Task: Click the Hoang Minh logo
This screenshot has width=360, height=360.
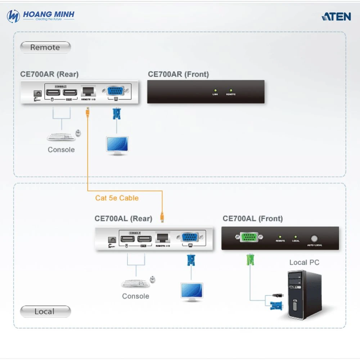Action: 41,16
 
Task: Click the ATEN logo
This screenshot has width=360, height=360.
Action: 336,16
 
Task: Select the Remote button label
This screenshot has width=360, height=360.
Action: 45,47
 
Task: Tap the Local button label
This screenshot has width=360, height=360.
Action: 45,311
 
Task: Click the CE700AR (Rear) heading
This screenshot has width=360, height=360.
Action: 49,74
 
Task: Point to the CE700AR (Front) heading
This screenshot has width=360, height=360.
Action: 178,74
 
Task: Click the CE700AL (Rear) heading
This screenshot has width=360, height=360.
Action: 123,218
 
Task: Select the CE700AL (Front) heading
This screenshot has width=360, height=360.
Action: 253,218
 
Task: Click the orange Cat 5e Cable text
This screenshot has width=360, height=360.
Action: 117,198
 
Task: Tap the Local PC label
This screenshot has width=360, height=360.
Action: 304,262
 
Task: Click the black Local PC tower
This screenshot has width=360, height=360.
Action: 304,295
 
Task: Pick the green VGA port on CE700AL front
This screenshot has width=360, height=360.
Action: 248,238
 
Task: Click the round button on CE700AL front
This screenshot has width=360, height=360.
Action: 315,238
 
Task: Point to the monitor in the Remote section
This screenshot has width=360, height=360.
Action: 117,145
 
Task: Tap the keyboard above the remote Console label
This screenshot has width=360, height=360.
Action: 59,137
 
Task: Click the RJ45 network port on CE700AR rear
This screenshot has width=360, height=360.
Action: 89,91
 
